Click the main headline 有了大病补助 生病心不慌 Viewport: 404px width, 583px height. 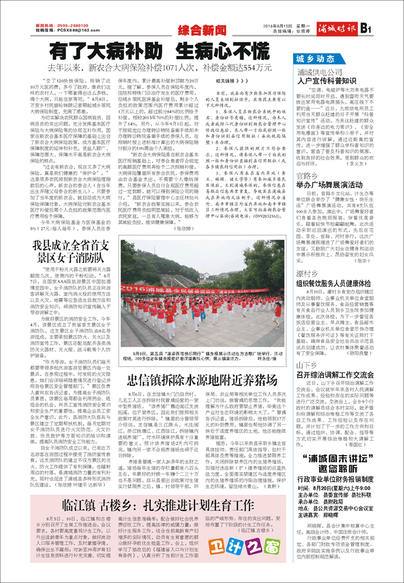pyautogui.click(x=159, y=51)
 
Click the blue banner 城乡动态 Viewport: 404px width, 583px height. pyautogui.click(x=315, y=59)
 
